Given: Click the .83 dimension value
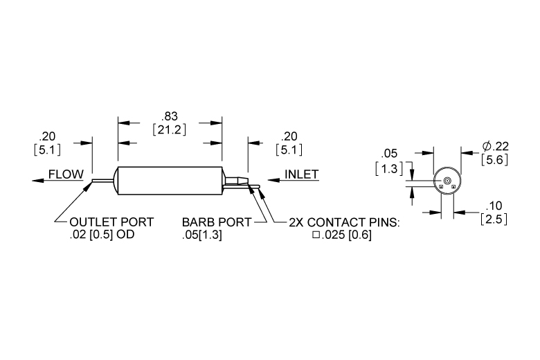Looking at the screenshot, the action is (x=170, y=116).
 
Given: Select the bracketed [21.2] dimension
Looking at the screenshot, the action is (x=170, y=130).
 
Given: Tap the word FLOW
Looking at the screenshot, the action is (x=66, y=174).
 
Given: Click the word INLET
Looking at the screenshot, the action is (x=302, y=174).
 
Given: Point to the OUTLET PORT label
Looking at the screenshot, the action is (x=111, y=222).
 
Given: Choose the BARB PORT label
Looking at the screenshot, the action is (x=217, y=222).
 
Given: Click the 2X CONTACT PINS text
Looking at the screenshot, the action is (x=344, y=222).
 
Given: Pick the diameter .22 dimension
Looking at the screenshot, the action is (x=495, y=146).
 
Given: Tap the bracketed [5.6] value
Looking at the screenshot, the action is (x=494, y=159).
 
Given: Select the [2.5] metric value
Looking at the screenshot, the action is (x=494, y=219).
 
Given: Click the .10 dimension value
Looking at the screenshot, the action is (x=494, y=206).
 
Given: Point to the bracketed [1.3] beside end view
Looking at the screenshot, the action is (x=389, y=169).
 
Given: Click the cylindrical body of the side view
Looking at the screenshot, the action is (x=170, y=181).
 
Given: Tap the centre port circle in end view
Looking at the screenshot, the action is (x=447, y=181).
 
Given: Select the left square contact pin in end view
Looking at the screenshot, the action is (x=441, y=187).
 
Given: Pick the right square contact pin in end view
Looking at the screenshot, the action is (x=453, y=187).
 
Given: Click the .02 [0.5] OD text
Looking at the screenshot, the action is (x=102, y=235).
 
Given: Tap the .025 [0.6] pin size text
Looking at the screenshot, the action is (x=342, y=235).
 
